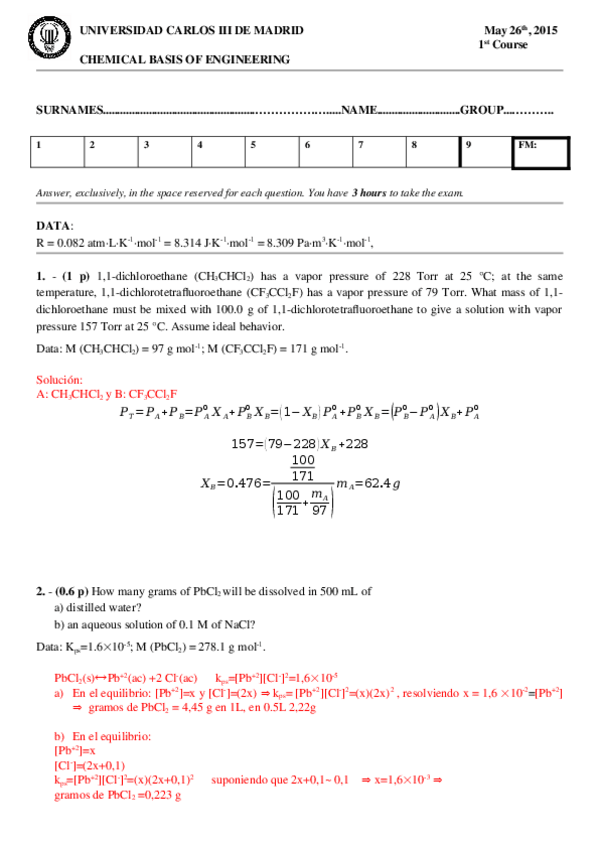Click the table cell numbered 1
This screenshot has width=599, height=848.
click(x=57, y=153)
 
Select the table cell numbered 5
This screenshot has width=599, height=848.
click(x=272, y=153)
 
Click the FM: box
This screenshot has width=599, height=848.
click(x=540, y=153)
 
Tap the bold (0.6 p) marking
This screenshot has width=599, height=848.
click(x=71, y=591)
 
